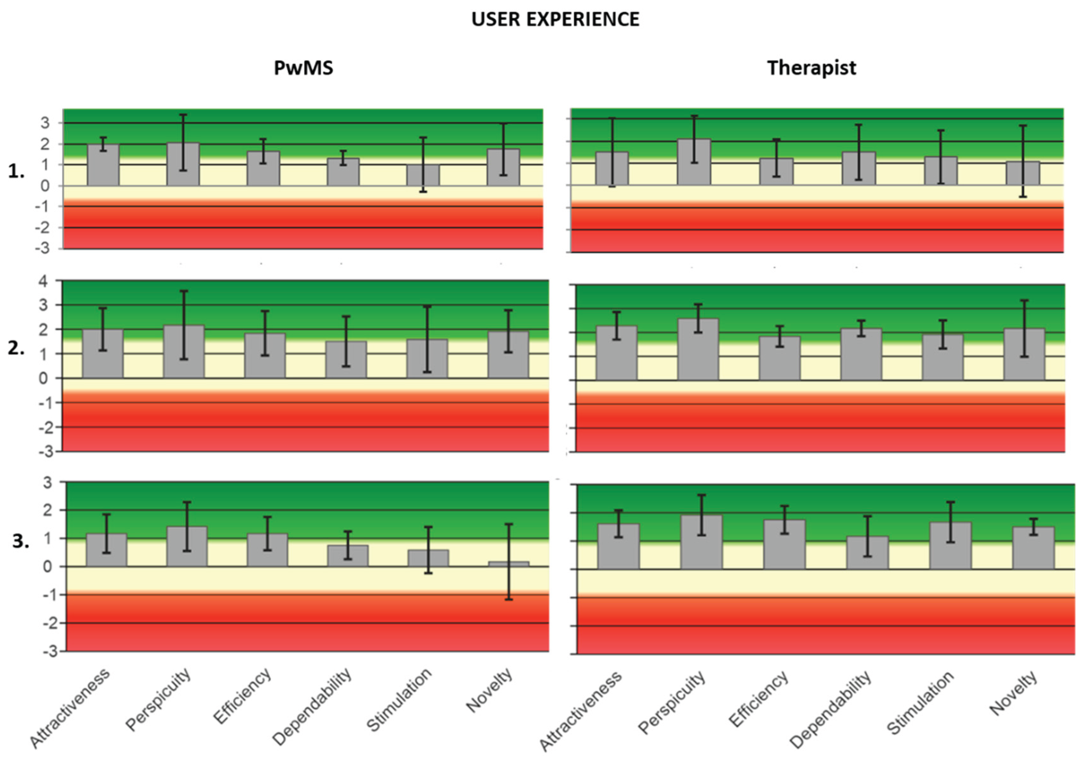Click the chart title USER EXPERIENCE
555,19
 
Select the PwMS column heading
303,68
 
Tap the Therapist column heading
812,68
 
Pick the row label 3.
20,541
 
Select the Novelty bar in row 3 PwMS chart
508,564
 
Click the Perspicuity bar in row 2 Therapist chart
698,349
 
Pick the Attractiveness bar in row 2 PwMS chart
103,353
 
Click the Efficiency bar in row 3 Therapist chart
784,544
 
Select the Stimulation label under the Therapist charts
920,702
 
